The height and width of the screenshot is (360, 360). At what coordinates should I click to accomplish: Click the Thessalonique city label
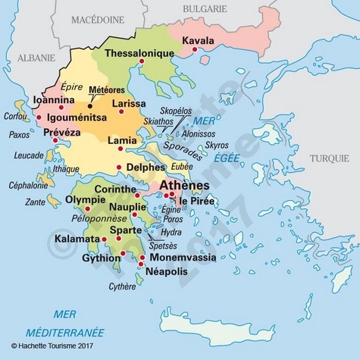pos(140,54)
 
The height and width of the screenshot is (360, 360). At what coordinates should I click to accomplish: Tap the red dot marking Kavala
pos(196,50)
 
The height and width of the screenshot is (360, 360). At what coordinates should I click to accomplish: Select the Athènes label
pos(185,185)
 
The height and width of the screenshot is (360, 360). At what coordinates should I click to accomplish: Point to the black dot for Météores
pos(90,106)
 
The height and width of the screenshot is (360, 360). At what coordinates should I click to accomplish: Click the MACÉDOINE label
pos(98,19)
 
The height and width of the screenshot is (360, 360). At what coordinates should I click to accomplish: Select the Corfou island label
pos(14,117)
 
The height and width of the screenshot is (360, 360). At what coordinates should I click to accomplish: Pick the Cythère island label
pos(123,286)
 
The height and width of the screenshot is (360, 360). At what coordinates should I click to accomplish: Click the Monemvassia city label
pos(182,258)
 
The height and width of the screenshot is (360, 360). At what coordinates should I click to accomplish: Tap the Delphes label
pos(147,167)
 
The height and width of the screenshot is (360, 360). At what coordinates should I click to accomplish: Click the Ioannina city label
pos(54,99)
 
